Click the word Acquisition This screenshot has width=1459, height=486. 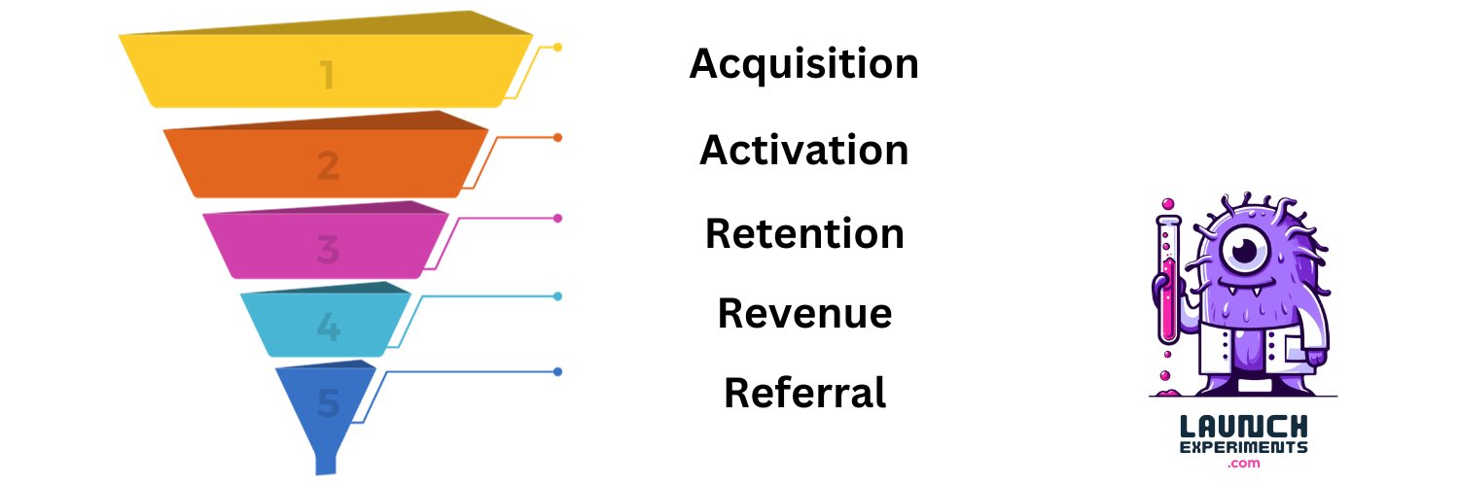803,64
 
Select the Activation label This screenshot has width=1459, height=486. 803,150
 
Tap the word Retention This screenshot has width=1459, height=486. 804,233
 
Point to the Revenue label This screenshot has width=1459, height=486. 804,313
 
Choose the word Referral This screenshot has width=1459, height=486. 804,393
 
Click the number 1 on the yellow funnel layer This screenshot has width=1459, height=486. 328,74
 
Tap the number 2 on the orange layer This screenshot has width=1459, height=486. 329,165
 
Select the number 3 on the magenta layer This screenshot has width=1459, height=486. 329,249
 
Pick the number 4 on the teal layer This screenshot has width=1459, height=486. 329,327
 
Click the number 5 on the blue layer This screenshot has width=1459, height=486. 329,402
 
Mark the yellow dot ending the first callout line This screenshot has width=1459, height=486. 557,47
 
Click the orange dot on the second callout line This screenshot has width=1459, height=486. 557,137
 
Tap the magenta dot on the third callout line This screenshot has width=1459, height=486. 557,218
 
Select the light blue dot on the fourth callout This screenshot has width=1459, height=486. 557,296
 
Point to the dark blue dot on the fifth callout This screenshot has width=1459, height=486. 557,371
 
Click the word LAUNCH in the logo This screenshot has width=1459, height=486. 1243,427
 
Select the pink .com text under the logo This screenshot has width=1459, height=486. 1243,464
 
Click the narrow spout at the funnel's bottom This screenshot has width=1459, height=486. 326,464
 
